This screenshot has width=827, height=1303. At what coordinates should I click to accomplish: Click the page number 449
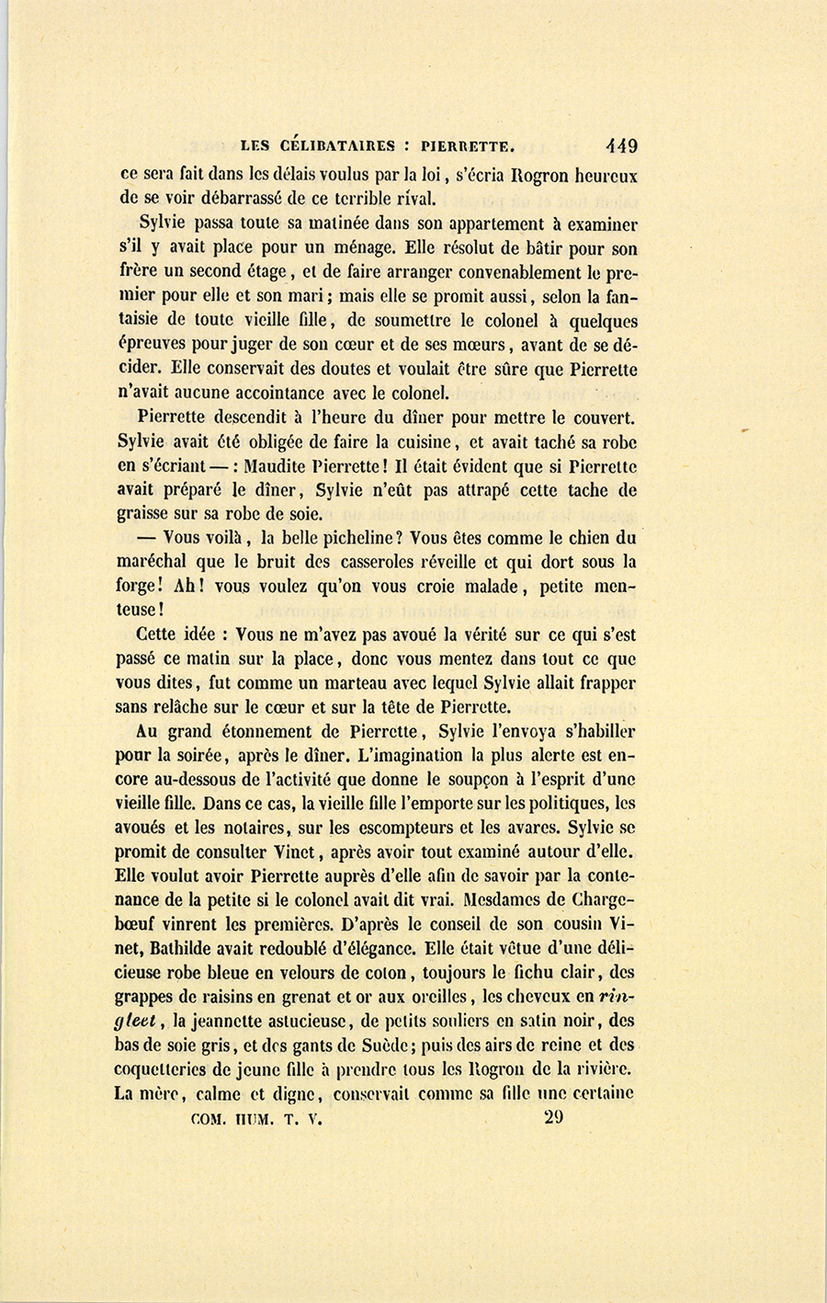click(620, 144)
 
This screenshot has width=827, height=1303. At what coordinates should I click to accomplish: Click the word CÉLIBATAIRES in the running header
click(338, 144)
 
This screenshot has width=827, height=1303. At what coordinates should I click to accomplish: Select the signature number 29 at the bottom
click(553, 1118)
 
